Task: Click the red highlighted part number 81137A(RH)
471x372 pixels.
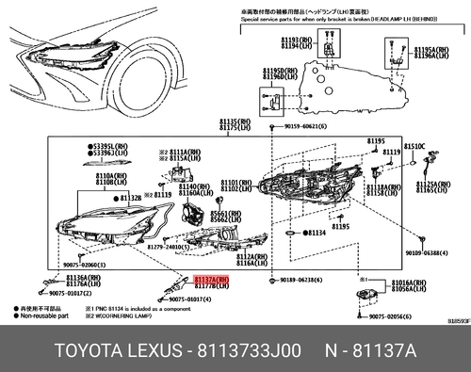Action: [211, 280]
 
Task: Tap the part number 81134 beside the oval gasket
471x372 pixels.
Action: [317, 231]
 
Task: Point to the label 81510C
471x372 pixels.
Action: [415, 146]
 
